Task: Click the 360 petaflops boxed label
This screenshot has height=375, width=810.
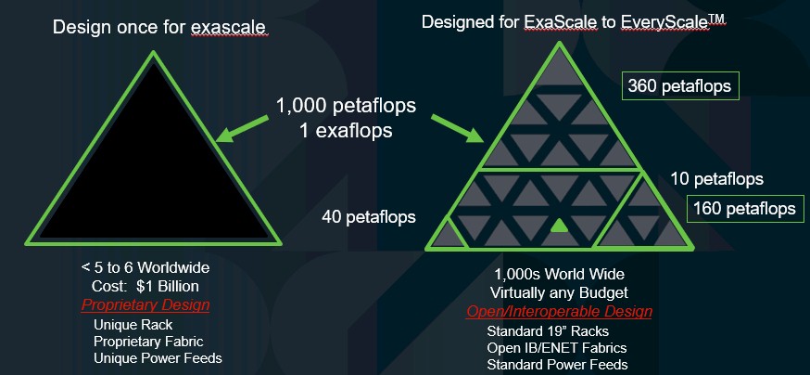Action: (x=680, y=86)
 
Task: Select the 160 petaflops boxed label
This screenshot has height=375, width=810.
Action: (x=744, y=209)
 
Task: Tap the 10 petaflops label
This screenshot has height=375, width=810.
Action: (x=717, y=179)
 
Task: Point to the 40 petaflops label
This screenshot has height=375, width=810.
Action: (x=369, y=216)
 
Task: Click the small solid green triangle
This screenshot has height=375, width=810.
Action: (x=559, y=226)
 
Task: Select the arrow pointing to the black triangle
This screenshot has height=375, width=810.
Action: (x=243, y=128)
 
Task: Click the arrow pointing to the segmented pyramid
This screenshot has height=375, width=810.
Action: (x=458, y=128)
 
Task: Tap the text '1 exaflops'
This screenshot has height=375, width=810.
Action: (x=346, y=130)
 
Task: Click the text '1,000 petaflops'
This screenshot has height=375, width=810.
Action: (x=346, y=106)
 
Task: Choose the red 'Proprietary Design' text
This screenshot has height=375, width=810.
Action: (x=146, y=304)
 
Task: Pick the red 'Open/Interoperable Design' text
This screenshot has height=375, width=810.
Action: (x=559, y=311)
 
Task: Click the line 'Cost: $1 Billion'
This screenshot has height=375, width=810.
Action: (x=146, y=286)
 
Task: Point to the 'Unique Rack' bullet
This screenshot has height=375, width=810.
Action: (x=133, y=325)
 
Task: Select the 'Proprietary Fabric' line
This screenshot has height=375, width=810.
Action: (x=148, y=342)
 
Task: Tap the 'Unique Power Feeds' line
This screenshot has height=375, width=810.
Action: (x=158, y=358)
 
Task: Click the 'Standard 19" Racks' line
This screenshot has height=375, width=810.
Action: (x=548, y=331)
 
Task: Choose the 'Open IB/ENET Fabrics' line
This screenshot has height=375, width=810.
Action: (x=556, y=347)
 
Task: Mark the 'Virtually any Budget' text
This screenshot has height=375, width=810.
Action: (x=559, y=292)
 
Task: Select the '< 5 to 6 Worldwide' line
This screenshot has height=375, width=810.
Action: (x=146, y=268)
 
